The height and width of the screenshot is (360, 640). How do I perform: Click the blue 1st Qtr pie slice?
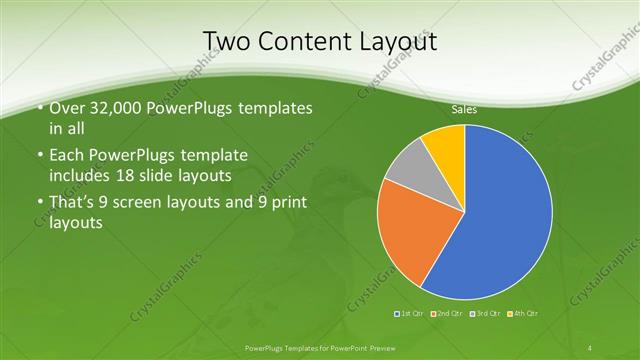tap(500, 215)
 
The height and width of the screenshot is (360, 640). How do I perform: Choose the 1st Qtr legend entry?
tap(410, 314)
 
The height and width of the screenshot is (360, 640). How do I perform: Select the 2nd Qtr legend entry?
tap(446, 314)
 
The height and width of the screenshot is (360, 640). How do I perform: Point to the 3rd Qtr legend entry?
tap(483, 314)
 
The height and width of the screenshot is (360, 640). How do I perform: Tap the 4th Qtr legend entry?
tap(522, 314)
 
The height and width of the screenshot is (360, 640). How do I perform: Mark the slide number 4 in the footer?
tap(591, 347)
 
